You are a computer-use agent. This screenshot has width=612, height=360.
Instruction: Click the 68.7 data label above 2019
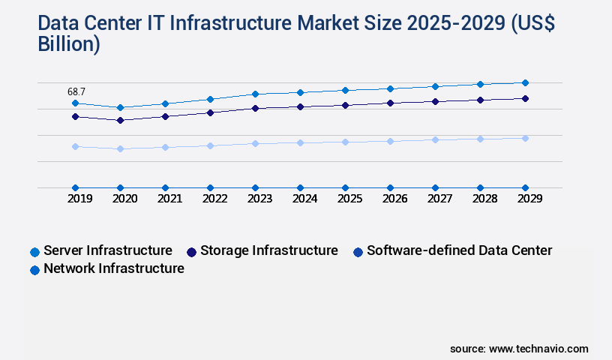(x=76, y=91)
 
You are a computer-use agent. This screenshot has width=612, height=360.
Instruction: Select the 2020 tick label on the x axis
(x=124, y=199)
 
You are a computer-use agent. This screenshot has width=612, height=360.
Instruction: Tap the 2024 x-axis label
(x=304, y=199)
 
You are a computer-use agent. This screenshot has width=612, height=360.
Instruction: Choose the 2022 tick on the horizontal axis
(x=214, y=199)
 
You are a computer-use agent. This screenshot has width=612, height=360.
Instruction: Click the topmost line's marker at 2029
(x=525, y=82)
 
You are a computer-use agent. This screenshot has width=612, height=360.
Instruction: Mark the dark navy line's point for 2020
(x=120, y=120)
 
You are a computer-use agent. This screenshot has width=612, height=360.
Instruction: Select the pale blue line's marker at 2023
(x=255, y=143)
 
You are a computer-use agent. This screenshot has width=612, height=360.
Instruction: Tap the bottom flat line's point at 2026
(x=390, y=187)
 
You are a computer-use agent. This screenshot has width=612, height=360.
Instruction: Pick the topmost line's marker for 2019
(x=75, y=103)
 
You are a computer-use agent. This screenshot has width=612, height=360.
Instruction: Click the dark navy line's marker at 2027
(x=435, y=101)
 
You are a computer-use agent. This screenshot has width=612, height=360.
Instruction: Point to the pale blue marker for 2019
(x=75, y=146)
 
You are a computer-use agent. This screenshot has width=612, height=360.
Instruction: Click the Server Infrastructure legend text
(x=108, y=250)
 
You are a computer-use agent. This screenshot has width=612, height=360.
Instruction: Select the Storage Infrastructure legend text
(x=268, y=250)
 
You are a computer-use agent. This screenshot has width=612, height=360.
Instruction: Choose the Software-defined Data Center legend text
(x=459, y=250)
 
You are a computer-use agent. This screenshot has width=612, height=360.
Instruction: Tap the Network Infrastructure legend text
(x=114, y=268)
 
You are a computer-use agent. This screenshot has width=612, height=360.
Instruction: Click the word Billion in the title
(x=68, y=44)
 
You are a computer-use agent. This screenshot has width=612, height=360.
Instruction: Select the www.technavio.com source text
(x=538, y=349)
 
